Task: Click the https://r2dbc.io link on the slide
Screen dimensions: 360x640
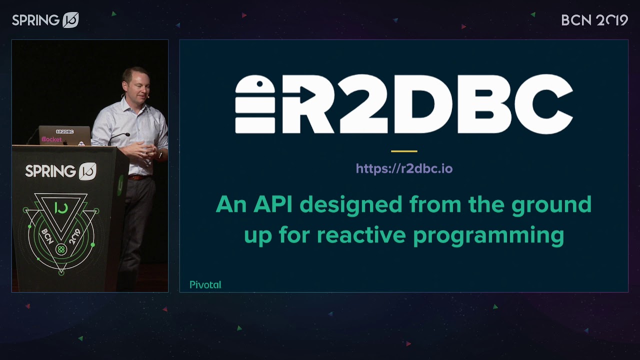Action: tap(404, 168)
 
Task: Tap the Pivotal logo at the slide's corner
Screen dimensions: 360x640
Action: tap(205, 284)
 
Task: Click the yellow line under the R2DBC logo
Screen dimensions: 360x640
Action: tap(404, 151)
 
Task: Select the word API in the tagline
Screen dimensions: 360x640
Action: tap(273, 204)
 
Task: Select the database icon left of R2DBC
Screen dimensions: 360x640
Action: tap(255, 104)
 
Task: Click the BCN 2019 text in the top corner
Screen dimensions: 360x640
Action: tap(594, 20)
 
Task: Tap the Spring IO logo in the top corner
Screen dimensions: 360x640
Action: tap(45, 20)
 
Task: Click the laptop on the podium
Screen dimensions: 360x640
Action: tap(64, 135)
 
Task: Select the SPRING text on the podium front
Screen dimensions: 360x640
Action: tap(50, 171)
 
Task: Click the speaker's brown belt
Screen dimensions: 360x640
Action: tap(137, 177)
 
